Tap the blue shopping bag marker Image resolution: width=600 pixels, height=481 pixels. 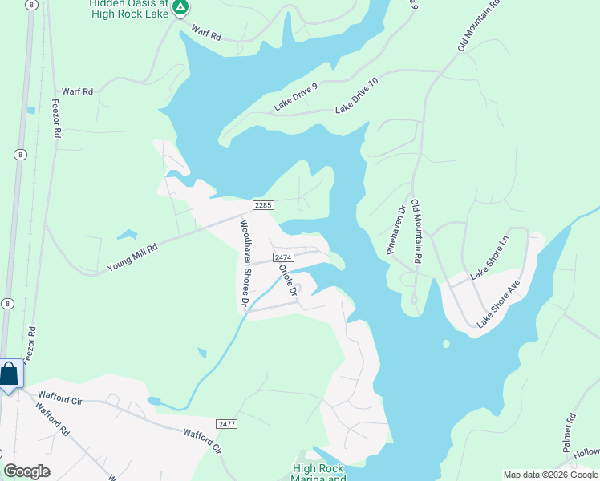click(9, 374)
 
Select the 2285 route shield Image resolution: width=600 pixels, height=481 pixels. click(264, 205)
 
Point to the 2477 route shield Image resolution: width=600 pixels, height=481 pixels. click(227, 423)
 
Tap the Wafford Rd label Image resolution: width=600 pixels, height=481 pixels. click(51, 417)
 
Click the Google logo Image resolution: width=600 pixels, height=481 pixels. click(26, 471)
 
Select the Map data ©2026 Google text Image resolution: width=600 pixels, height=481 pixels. click(549, 475)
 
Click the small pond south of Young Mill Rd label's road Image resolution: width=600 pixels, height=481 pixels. click(126, 235)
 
